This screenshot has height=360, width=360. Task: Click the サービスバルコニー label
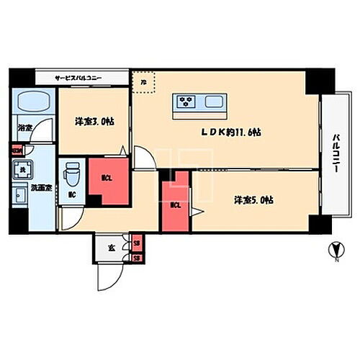click(80, 78)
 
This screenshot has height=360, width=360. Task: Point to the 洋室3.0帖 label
click(94, 122)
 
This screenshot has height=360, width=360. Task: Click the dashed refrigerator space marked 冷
click(144, 82)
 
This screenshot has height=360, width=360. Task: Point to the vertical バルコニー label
click(336, 153)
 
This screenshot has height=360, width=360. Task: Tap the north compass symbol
click(333, 252)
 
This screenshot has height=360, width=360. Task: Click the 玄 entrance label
click(112, 248)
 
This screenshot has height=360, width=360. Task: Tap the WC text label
click(72, 195)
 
